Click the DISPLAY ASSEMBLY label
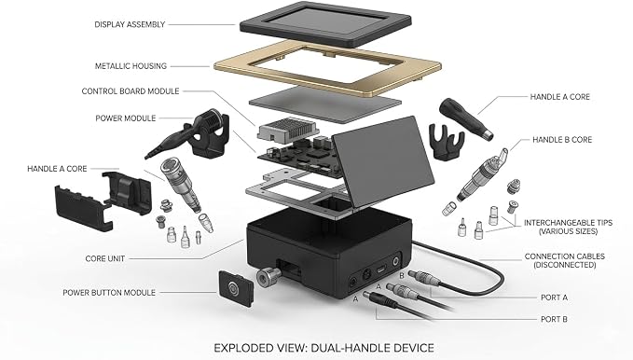click(130, 24)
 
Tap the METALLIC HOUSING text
click(131, 66)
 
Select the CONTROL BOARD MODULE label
click(131, 91)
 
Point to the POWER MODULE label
click(126, 118)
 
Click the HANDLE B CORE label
click(562, 140)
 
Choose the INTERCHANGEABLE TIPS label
click(568, 227)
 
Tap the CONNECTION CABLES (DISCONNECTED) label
click(565, 260)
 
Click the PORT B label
click(554, 319)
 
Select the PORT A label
click(554, 298)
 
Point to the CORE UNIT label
click(105, 258)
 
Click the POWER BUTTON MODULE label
click(109, 293)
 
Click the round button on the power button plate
click(234, 288)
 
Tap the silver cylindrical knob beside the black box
click(268, 277)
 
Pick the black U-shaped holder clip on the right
click(447, 142)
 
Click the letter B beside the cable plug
click(402, 276)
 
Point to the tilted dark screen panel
click(383, 161)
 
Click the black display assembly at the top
click(325, 23)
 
